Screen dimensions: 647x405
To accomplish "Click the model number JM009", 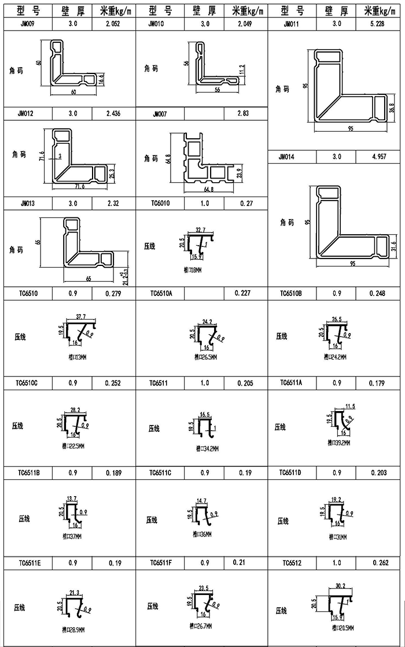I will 27,24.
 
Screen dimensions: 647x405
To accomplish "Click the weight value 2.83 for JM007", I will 243,114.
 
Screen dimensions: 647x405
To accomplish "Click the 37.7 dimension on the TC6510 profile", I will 82,317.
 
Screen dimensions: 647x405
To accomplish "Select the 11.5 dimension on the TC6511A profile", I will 350,406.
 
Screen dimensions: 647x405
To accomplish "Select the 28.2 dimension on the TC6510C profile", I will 75,409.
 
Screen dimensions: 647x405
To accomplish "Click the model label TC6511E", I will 29,563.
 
